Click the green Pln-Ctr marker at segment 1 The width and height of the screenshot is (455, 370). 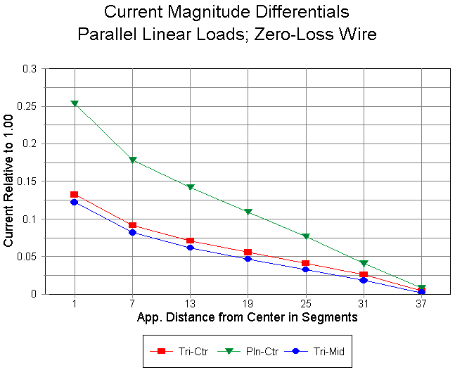coord(75,103)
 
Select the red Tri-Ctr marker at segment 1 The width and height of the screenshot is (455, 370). coord(75,194)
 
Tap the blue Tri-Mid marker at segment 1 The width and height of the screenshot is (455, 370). coord(75,202)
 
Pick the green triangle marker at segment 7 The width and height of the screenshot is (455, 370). coord(132,160)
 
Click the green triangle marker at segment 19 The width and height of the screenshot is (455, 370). coord(248,212)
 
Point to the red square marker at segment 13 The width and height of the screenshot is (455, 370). coord(190,241)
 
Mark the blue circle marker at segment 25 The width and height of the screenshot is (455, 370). coord(305,269)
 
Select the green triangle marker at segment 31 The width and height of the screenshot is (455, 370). coord(364,263)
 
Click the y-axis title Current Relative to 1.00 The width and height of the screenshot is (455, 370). coord(9,183)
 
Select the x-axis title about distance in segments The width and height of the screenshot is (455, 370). coord(248,317)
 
